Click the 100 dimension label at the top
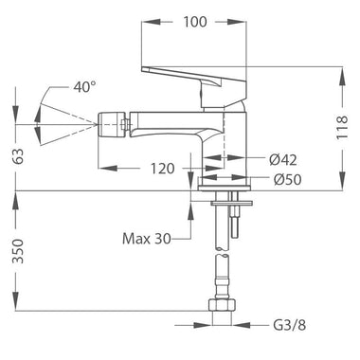point(195,22)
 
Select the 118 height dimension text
point(342,127)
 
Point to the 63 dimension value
point(20,155)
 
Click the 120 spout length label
point(162,169)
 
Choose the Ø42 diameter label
point(283,160)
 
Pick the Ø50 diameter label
point(288,180)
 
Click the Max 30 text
point(147,239)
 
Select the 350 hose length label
point(19,251)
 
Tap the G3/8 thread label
point(290,325)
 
